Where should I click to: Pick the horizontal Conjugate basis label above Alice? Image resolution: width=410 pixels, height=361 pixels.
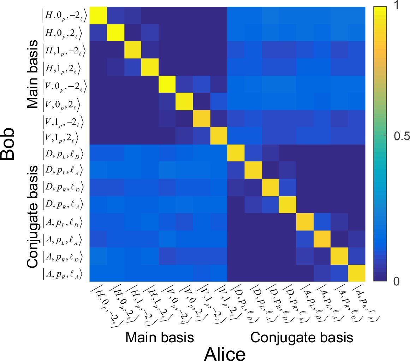[x=302, y=337]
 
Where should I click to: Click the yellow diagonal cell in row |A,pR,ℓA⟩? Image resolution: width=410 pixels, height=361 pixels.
[x=357, y=273]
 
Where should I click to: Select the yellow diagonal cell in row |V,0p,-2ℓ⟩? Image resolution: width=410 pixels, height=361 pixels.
[x=167, y=84]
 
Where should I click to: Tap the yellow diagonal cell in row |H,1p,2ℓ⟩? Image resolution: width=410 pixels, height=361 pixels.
[x=149, y=67]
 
